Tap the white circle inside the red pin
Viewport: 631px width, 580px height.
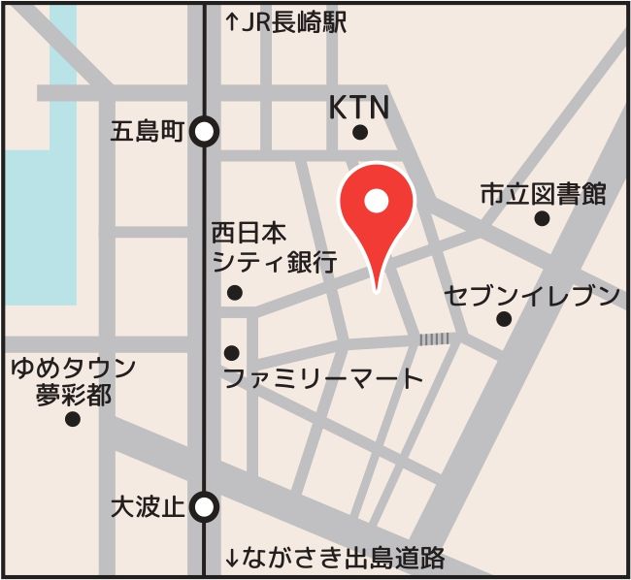click(377, 201)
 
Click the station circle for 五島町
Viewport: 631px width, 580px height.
click(204, 132)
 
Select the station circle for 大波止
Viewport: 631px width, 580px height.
click(204, 506)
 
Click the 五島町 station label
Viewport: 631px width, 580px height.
click(147, 133)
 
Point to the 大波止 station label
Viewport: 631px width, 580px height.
click(147, 506)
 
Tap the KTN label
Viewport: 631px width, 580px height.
click(359, 107)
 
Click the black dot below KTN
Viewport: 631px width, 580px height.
click(360, 133)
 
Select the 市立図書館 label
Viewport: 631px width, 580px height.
click(543, 194)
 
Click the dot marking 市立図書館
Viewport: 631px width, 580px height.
click(542, 219)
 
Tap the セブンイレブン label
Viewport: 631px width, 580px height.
click(532, 295)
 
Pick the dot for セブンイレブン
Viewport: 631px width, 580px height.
click(504, 319)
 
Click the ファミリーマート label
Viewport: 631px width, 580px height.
click(323, 378)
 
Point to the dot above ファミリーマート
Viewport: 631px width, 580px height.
click(232, 353)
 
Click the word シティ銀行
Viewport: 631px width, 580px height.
click(274, 261)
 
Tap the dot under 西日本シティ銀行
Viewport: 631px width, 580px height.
click(234, 292)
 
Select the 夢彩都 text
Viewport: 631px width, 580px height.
click(73, 394)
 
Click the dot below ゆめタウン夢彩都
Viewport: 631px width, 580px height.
click(72, 419)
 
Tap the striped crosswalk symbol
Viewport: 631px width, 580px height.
click(435, 338)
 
